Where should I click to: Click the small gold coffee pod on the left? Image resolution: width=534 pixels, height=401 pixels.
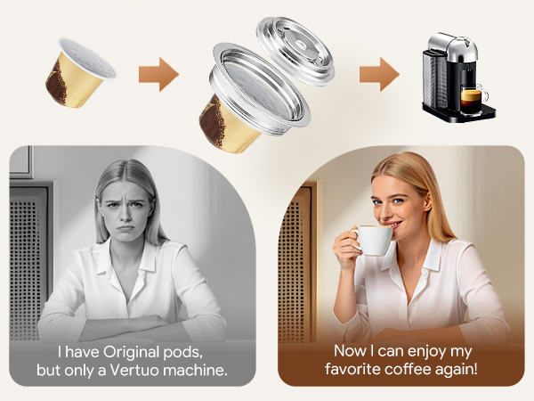pos(80,74)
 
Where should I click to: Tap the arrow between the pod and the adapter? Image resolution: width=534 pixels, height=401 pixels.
pos(158,74)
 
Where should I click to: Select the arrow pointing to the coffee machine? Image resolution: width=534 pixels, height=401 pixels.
pos(379,74)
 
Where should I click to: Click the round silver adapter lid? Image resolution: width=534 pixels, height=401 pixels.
pos(295,51)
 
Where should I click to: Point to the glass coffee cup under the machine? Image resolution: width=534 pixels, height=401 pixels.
pos(473,96)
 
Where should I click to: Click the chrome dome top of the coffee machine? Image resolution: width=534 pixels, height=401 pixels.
pos(452,48)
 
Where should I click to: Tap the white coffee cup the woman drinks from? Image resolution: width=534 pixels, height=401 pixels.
pos(373,240)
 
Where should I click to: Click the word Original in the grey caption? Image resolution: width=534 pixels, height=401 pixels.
pos(131,352)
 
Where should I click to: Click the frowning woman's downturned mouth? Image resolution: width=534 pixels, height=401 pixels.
pos(125,227)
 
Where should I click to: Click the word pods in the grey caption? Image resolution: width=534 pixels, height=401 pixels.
pos(182,353)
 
